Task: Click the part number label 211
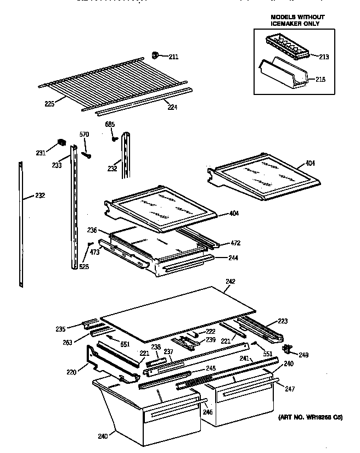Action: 173,57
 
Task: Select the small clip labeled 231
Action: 61,144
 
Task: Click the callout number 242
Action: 230,282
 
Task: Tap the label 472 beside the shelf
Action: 235,243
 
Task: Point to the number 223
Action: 283,321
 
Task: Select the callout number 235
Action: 60,329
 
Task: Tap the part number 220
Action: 71,372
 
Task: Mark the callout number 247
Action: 289,389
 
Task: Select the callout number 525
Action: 83,267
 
